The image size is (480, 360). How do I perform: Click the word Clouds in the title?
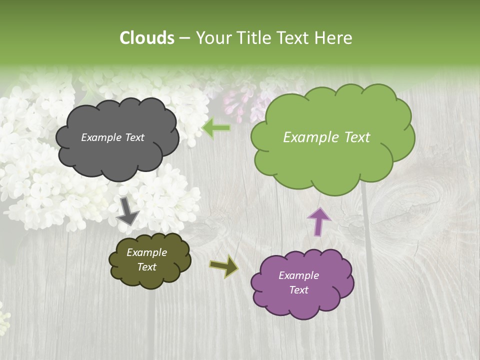[x=147, y=38]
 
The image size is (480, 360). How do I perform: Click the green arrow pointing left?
[x=216, y=128]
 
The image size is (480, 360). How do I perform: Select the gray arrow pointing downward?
[x=127, y=210]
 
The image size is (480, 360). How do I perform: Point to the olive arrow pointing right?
[x=224, y=266]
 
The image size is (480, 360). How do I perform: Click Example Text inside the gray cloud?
[x=112, y=137]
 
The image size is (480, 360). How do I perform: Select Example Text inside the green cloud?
[x=326, y=137]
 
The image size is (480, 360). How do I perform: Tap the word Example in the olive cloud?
[x=146, y=252]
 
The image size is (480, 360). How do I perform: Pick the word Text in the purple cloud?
[x=298, y=290]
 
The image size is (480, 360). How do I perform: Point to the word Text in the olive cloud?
[x=146, y=267]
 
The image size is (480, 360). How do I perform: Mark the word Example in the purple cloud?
[x=298, y=275]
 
